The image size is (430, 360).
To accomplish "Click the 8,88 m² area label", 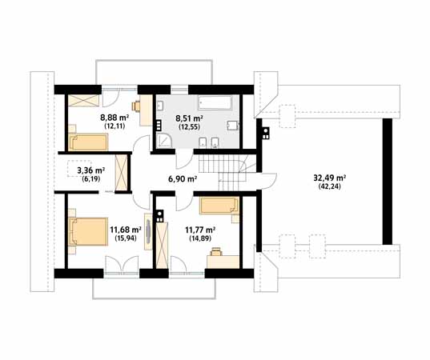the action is pyautogui.click(x=115, y=118).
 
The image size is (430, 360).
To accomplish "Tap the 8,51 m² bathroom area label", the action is pyautogui.click(x=189, y=118).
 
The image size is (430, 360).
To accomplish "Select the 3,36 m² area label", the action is pyautogui.click(x=90, y=170).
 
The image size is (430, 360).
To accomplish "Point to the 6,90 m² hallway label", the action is pyautogui.click(x=183, y=179).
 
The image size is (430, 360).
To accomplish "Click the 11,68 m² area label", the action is pyautogui.click(x=126, y=230).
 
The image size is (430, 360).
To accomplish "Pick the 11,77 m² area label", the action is pyautogui.click(x=200, y=230).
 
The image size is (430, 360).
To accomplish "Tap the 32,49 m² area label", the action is pyautogui.click(x=329, y=178).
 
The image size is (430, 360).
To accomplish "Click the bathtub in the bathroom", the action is pyautogui.click(x=215, y=102).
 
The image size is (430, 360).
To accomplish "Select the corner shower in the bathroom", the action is pyautogui.click(x=164, y=141).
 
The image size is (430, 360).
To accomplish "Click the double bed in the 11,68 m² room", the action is pyautogui.click(x=88, y=231).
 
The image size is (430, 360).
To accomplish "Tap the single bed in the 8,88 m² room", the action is pyautogui.click(x=88, y=142).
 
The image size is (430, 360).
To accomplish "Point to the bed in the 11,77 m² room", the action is pyautogui.click(x=219, y=206).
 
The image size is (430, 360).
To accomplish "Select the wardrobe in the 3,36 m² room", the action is pyautogui.click(x=121, y=173).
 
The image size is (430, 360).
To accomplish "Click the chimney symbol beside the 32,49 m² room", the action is pyautogui.click(x=265, y=133).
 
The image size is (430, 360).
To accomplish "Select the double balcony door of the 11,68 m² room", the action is pyautogui.click(x=122, y=265).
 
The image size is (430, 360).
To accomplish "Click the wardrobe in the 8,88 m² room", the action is pyautogui.click(x=83, y=100).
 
